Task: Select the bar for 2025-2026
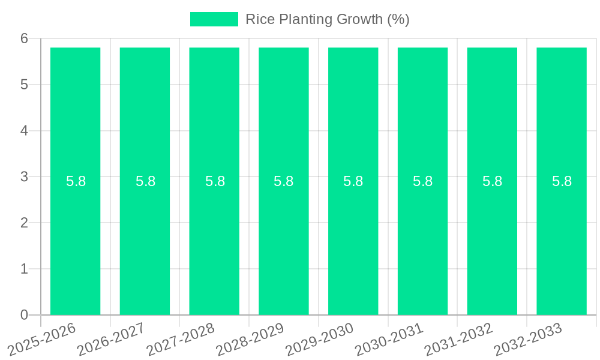(75, 240)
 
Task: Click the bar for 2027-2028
(214, 240)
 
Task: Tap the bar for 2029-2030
(353, 240)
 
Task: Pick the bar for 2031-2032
(492, 240)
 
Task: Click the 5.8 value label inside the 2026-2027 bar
(145, 181)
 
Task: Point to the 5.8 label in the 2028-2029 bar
(284, 181)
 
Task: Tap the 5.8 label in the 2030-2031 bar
(422, 181)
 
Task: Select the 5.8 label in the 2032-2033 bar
(562, 181)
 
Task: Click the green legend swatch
(214, 19)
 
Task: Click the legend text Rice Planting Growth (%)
(327, 19)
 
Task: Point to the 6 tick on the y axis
(24, 38)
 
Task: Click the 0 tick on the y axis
(24, 315)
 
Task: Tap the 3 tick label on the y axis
(24, 176)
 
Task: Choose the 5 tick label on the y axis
(24, 85)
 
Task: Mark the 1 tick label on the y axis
(24, 269)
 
